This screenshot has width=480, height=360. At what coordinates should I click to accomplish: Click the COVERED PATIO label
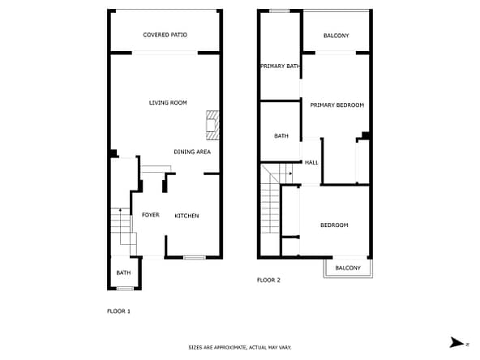tap(165, 35)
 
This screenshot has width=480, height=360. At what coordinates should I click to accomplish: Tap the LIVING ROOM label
tap(168, 102)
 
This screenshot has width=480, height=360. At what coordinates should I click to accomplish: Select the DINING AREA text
tap(192, 152)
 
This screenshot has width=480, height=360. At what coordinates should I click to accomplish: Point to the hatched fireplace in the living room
tap(212, 125)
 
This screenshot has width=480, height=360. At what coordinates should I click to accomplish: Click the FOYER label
tap(151, 215)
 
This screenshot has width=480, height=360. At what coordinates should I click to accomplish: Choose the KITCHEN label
tap(186, 216)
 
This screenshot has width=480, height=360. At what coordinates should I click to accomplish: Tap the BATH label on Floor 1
tap(123, 272)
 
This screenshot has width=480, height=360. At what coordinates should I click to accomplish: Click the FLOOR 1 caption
tap(118, 311)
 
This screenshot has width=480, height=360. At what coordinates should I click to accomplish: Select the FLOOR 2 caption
tap(268, 280)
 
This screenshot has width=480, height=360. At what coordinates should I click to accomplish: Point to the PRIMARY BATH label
tap(280, 66)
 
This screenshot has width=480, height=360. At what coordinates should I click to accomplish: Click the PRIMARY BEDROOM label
tap(337, 105)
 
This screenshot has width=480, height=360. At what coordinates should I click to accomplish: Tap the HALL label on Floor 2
tap(311, 162)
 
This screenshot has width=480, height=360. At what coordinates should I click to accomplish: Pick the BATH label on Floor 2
tap(281, 135)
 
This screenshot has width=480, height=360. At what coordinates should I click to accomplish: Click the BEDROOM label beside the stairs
tap(334, 225)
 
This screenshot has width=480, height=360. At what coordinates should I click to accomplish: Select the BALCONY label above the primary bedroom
tap(336, 36)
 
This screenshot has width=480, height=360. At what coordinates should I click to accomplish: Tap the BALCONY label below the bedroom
tap(348, 268)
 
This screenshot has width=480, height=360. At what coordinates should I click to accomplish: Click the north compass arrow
tap(457, 342)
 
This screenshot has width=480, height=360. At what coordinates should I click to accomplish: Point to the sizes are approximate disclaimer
tap(240, 348)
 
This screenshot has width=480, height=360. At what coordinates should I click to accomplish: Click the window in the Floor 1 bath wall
tap(125, 288)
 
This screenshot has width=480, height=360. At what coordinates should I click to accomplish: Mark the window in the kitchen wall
tap(195, 258)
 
